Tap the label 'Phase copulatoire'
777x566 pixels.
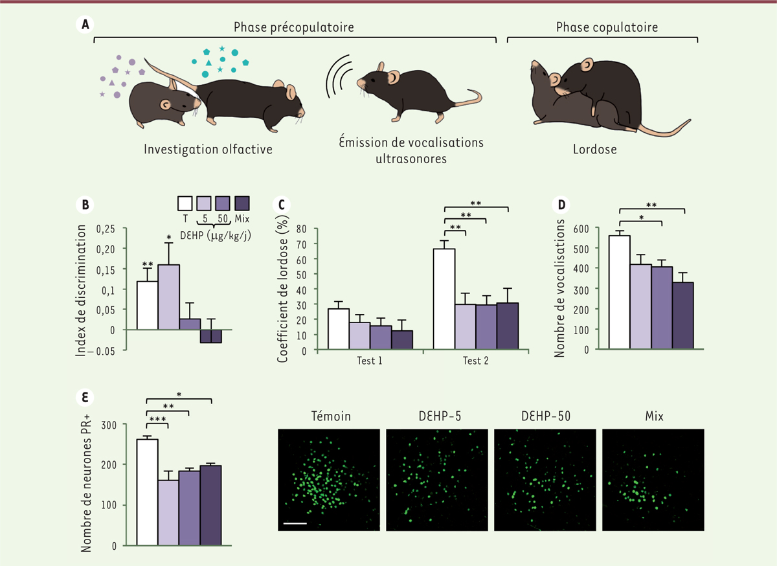602,27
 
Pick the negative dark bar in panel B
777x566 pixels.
211,336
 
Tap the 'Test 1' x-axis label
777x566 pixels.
370,361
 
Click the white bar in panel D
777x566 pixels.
619,291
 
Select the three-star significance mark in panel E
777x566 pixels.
157,420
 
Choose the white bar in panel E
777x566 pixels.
147,492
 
